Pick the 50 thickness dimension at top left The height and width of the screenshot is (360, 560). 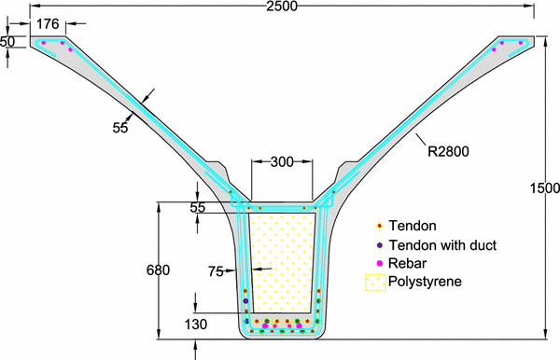coord(7,41)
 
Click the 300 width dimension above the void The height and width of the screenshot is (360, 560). coord(281,162)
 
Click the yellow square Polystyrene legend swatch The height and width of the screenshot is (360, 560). coord(376,282)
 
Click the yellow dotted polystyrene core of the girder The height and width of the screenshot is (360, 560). coord(280,261)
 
